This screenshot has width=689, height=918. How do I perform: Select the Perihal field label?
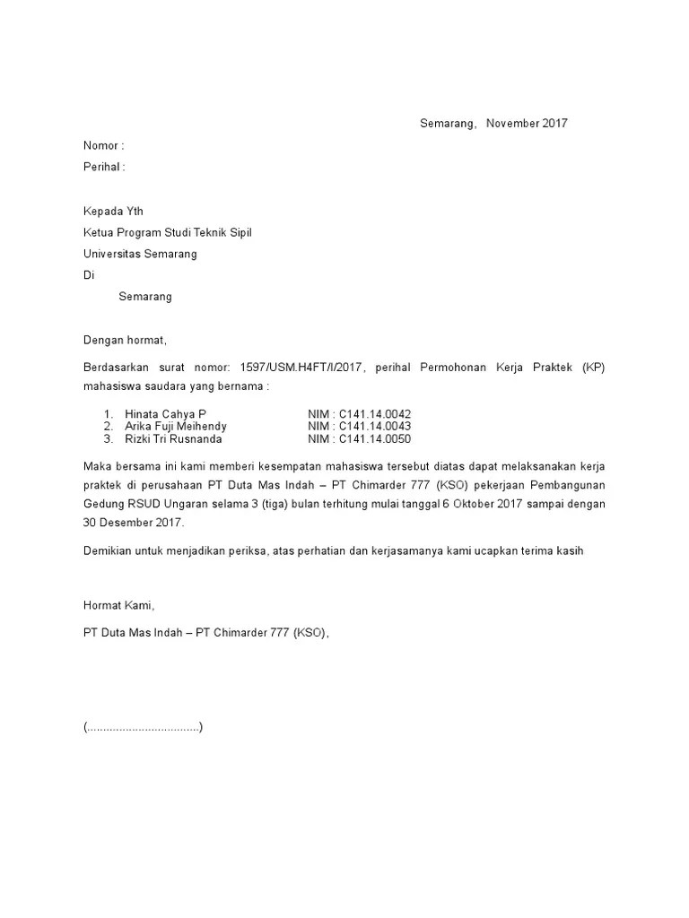click(101, 167)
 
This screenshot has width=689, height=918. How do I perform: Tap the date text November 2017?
click(527, 124)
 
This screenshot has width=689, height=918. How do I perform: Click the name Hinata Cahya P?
click(165, 414)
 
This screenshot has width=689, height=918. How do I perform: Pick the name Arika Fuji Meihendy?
click(176, 427)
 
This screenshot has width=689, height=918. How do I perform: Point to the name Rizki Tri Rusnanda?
click(173, 439)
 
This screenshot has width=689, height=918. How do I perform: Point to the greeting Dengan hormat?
click(126, 341)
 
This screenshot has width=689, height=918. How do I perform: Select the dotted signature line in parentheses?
click(144, 727)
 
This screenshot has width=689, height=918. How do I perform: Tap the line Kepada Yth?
click(113, 211)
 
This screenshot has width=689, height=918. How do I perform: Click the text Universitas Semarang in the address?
click(140, 254)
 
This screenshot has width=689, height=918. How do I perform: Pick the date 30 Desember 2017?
click(132, 523)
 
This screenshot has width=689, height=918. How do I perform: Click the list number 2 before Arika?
click(108, 427)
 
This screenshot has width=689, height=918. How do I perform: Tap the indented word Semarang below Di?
click(145, 297)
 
